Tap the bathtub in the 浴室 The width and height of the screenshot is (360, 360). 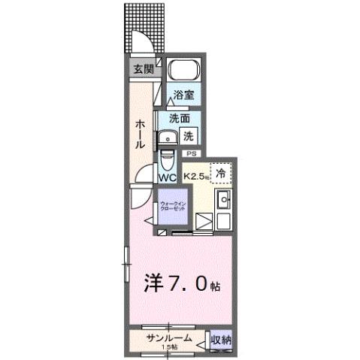[x=182, y=72]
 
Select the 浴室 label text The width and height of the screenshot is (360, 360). [x=184, y=95]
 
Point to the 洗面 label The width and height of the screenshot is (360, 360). [x=178, y=119]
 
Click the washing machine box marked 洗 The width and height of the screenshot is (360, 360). [x=189, y=137]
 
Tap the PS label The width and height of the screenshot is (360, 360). [x=191, y=153]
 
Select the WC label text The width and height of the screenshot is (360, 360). [x=167, y=178]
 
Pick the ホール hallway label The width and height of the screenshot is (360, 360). [x=141, y=133]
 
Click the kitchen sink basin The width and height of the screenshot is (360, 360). [x=223, y=201]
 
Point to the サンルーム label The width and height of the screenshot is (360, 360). [x=168, y=339]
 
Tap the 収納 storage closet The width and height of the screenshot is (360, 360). [x=220, y=340]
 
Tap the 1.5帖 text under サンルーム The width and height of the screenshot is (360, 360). [x=169, y=348]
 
